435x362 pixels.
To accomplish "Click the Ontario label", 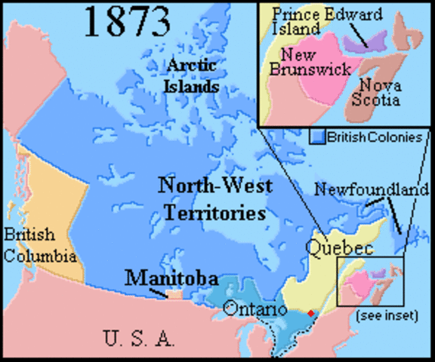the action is point(255,310).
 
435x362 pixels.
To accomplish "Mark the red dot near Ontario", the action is point(310,312).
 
